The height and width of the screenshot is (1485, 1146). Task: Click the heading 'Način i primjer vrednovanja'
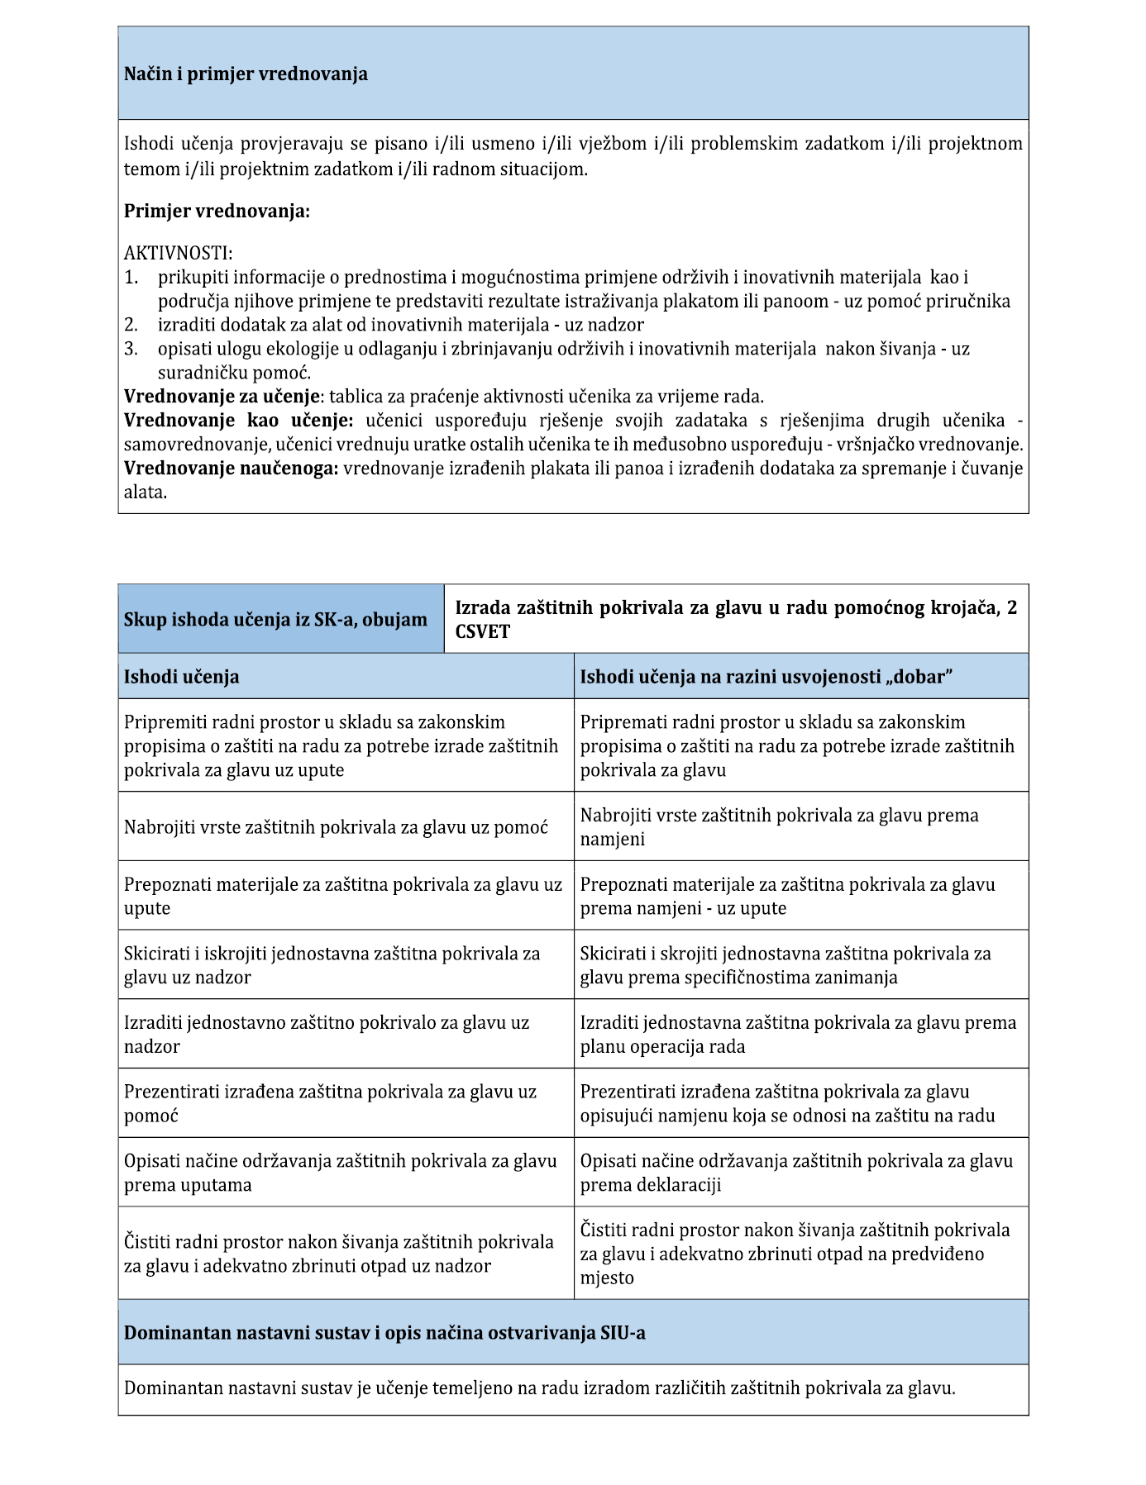coord(246,74)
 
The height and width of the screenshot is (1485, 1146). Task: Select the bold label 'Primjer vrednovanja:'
coord(217,212)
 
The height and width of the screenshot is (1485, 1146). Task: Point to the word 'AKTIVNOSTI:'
coord(178,253)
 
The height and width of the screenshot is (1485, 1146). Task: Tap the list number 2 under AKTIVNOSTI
coord(131,325)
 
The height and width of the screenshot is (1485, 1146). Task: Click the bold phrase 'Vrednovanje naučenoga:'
coord(231,469)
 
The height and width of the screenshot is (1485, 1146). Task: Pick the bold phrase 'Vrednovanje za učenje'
coord(222,396)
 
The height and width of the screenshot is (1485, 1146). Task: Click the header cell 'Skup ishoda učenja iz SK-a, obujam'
coord(275,620)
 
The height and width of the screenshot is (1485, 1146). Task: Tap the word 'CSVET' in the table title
coord(483,632)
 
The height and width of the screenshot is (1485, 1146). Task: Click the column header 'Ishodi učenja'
coord(182,677)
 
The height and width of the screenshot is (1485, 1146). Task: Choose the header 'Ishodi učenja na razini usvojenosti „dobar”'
coord(766,677)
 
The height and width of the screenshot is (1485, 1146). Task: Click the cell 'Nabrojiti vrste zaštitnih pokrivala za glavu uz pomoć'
coord(336,827)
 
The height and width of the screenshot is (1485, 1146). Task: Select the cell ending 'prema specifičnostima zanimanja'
coord(785,965)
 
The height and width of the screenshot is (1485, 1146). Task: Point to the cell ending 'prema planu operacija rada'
coord(798,1035)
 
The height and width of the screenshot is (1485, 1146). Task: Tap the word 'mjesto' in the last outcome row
coord(607,1278)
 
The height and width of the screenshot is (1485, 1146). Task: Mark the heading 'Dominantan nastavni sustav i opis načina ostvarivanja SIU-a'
coord(384,1333)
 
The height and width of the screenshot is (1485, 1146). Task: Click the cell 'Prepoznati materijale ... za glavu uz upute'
coord(343,896)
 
